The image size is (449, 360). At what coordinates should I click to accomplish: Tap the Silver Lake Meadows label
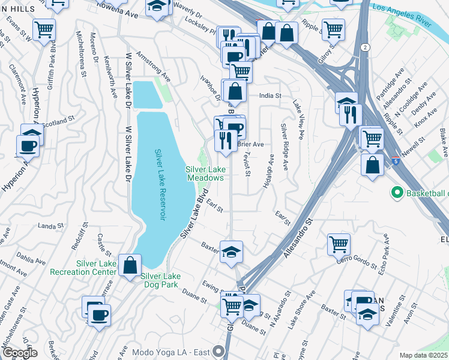tap(205, 173)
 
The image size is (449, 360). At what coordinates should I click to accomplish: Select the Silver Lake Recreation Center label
tap(96, 268)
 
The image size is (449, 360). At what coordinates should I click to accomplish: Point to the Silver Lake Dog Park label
tap(160, 280)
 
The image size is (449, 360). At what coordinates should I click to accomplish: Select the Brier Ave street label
tap(250, 145)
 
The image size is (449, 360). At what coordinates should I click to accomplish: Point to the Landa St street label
tap(50, 226)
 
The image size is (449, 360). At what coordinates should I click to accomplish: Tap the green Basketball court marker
tap(396, 193)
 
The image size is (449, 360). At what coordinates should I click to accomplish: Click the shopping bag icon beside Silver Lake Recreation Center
tap(130, 265)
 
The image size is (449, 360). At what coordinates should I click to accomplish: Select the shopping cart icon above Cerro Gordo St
tap(339, 244)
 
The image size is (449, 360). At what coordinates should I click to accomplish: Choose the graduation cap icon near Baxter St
tap(231, 251)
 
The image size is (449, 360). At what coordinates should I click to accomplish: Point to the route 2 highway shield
tap(365, 46)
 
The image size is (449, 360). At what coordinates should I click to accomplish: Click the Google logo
tap(20, 352)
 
